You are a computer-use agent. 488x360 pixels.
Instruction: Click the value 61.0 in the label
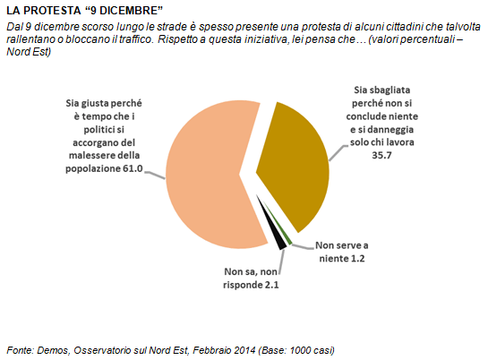point(133,168)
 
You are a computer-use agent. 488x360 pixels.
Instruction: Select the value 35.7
point(381,155)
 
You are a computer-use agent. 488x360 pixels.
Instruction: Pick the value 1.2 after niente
point(357,258)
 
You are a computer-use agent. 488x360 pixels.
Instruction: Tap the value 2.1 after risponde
point(271,285)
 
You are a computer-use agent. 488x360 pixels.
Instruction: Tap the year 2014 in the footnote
point(244,350)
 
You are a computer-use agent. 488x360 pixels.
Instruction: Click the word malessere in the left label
point(90,155)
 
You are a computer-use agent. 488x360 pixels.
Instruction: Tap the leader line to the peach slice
point(154,176)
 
